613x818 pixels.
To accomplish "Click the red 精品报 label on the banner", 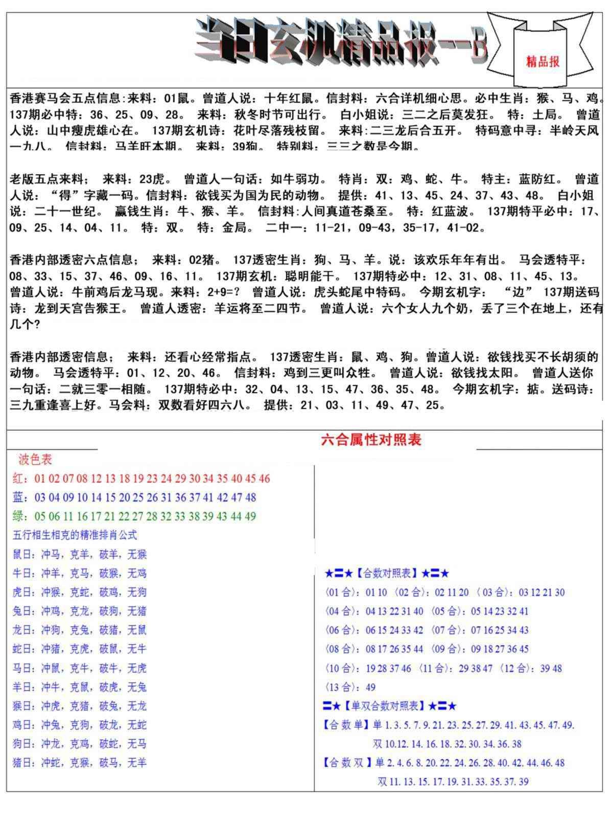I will coord(543,61).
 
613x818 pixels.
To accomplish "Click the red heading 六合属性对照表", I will coord(371,440).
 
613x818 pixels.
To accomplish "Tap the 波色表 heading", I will coord(35,460).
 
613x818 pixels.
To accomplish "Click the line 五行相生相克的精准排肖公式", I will coord(75,535).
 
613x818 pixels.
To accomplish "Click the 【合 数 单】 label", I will coord(345,725).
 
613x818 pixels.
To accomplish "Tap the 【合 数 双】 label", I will coord(345,763).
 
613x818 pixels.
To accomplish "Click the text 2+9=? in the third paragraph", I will coord(222,292).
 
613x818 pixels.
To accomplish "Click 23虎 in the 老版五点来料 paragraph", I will coord(152,179).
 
